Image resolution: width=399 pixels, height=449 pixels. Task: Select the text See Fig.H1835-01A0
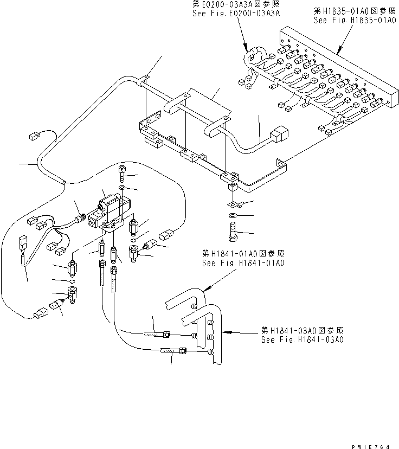(355, 21)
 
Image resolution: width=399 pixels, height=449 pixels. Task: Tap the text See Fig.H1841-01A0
(242, 263)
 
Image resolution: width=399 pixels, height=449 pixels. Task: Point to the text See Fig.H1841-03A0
(302, 339)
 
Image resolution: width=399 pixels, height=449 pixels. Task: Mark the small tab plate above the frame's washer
(235, 204)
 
